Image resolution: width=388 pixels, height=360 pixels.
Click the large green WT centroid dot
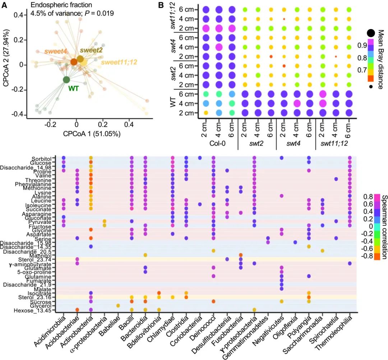[66, 80]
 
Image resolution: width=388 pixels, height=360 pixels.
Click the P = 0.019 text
[97, 14]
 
